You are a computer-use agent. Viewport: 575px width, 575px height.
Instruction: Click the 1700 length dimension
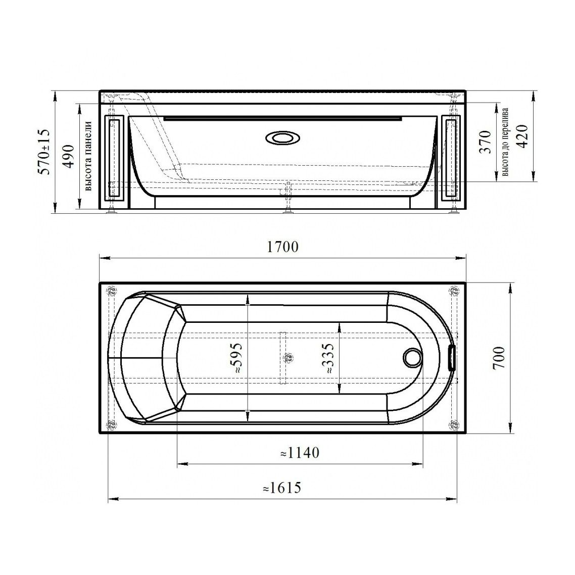coord(282,247)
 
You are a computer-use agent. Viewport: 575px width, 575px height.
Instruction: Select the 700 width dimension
coord(499,358)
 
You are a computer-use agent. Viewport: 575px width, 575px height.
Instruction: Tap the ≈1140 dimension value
coord(300,453)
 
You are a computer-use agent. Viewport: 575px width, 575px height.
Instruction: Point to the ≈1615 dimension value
coord(282,488)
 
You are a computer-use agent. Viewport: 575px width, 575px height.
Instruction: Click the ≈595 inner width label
coord(235,358)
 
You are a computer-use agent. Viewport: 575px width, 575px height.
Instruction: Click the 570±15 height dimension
coord(45,152)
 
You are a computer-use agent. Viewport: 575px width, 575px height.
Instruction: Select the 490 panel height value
coord(68,156)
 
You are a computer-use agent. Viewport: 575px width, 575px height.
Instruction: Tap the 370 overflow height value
coord(485,142)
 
